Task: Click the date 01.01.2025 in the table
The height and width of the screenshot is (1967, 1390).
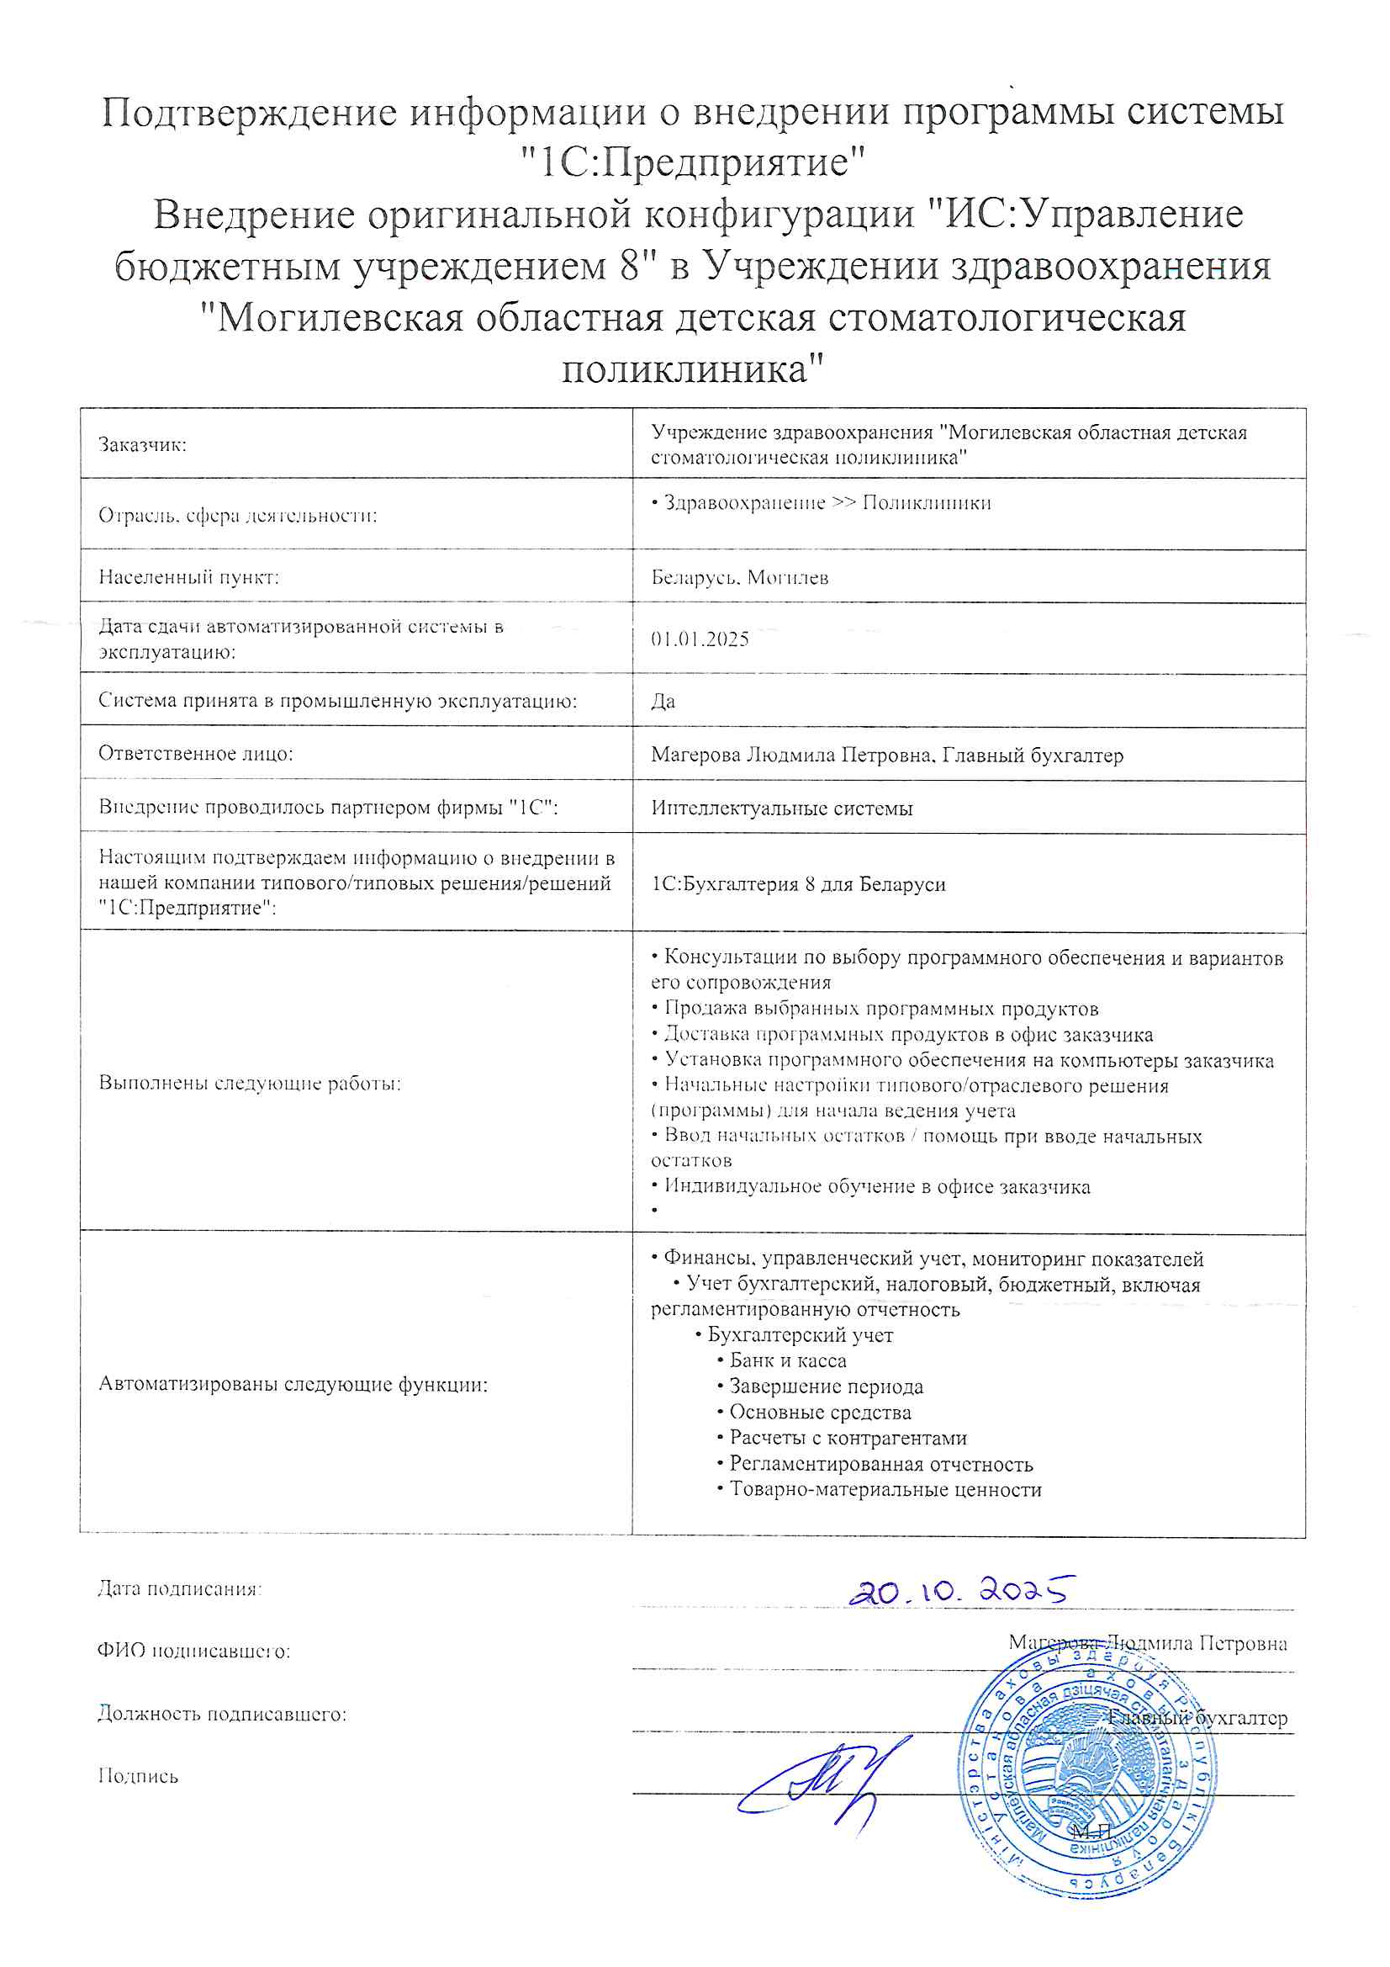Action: pos(700,639)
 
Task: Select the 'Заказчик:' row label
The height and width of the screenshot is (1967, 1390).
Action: pos(142,444)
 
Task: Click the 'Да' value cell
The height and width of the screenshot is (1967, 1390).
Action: pos(663,702)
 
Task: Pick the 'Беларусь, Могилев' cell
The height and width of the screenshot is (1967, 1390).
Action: pos(739,577)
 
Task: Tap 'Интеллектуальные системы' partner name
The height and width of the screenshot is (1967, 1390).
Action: pos(781,808)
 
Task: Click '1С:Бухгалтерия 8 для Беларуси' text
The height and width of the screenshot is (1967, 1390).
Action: pos(798,884)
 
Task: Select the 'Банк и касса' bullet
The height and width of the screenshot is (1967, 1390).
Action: pos(787,1360)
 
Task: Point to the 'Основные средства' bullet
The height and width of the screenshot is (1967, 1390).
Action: pos(820,1412)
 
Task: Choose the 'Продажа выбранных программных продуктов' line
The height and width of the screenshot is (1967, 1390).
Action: pos(880,1009)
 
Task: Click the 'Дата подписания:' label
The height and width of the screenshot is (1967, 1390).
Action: pos(180,1588)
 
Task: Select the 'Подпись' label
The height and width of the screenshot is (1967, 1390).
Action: pos(138,1776)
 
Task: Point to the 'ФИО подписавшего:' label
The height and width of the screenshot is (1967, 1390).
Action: pos(193,1651)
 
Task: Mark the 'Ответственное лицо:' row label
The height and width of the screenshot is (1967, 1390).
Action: pos(195,754)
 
